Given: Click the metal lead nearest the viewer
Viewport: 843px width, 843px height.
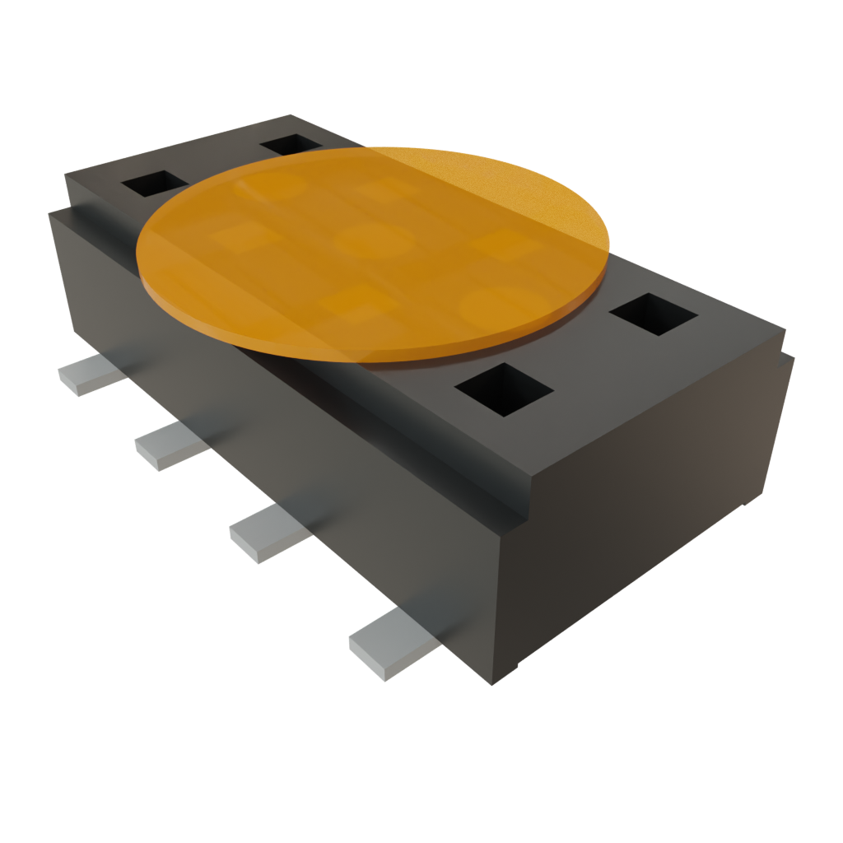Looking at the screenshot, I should pos(387,645).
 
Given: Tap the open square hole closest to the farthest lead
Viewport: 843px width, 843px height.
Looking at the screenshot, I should pos(155,183).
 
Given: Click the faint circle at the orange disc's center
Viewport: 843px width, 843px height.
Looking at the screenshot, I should pos(375,241).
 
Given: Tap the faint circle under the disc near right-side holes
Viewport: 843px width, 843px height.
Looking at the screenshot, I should pos(494,306).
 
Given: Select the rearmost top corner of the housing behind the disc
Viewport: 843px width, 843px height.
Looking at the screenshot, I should pos(288,115).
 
